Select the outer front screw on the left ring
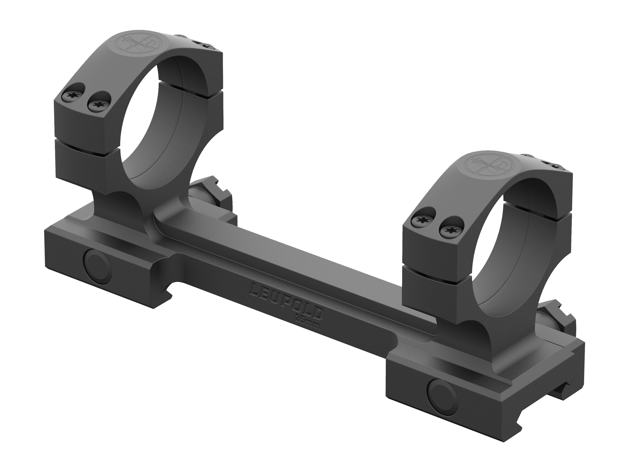[71, 96]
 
